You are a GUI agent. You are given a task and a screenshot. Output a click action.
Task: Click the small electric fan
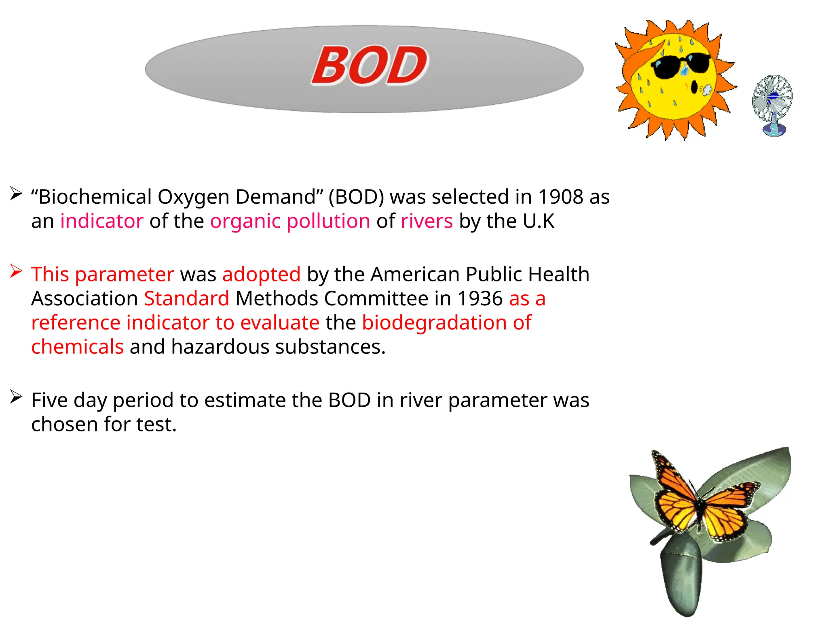click(x=772, y=104)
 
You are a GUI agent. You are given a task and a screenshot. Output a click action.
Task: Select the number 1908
click(x=561, y=197)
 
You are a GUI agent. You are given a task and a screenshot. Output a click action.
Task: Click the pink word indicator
click(x=102, y=221)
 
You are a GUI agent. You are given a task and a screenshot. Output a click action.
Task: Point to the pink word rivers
click(x=427, y=221)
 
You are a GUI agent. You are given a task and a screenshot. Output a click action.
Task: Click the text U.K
click(x=539, y=221)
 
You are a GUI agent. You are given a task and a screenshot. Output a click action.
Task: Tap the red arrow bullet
click(x=16, y=271)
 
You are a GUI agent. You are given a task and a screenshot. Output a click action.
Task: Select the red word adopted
click(x=261, y=275)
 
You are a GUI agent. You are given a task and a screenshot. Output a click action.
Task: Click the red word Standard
click(x=187, y=299)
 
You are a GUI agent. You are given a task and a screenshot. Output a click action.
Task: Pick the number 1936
click(x=480, y=299)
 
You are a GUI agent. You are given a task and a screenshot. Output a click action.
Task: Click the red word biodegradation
click(x=434, y=323)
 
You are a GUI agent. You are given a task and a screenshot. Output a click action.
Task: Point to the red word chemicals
click(x=77, y=347)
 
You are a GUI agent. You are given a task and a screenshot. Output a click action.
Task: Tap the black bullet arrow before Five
click(x=16, y=397)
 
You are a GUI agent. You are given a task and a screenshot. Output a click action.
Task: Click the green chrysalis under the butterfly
click(x=681, y=574)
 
